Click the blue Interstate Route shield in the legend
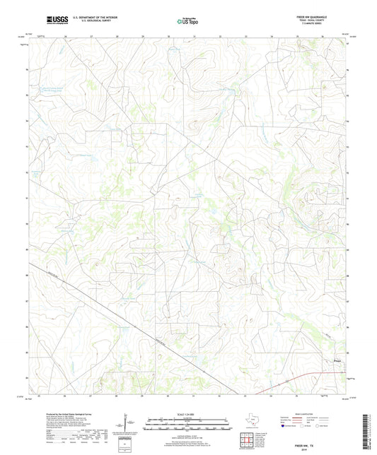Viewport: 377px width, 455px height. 284,426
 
